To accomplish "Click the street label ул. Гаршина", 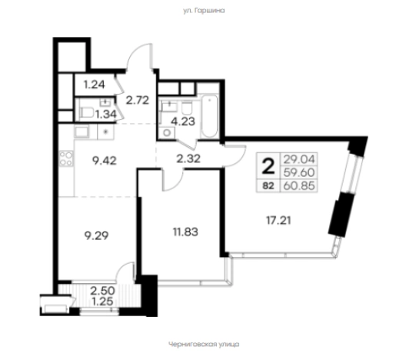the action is [204, 11].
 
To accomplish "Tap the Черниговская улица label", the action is [204, 344].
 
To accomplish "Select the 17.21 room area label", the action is [278, 221].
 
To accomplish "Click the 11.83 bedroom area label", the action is [185, 232].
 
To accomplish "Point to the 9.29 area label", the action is [96, 235].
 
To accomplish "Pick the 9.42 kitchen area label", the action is [105, 161].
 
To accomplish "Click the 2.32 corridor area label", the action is [188, 158].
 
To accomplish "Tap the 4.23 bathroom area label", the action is [183, 122].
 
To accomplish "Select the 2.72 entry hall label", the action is [138, 100].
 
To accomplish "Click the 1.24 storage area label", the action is [95, 85].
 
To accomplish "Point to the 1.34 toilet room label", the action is [106, 114].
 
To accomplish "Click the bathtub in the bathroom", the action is [209, 117].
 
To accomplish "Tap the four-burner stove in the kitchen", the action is [66, 158].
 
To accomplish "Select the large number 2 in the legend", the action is [268, 167].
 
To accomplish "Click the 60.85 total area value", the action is [299, 185].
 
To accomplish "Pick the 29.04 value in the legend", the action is [299, 159].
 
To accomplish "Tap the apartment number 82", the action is [268, 185].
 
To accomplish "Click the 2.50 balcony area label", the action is [102, 291].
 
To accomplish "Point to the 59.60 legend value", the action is [299, 172].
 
